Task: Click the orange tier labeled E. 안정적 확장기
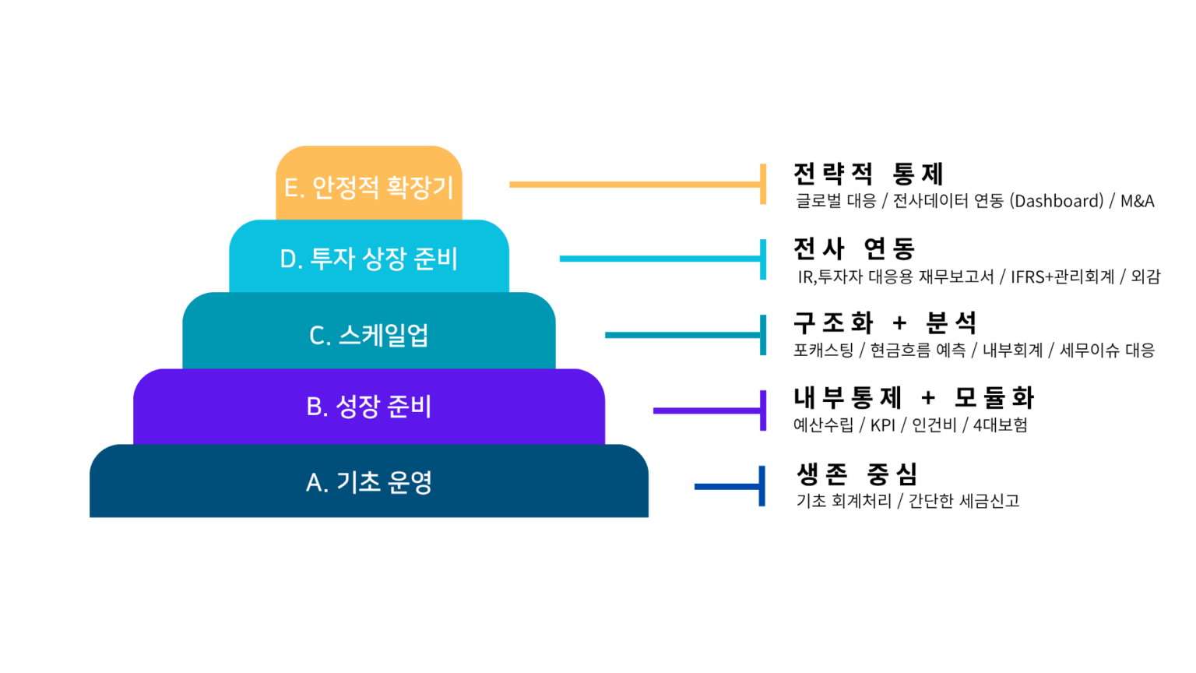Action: [x=369, y=183]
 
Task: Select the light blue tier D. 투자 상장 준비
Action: [x=369, y=256]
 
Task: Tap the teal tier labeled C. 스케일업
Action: [x=369, y=330]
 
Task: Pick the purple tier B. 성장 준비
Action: [x=369, y=407]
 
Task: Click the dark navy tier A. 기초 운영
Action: [x=369, y=481]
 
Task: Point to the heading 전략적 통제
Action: [x=869, y=174]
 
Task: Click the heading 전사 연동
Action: [x=854, y=248]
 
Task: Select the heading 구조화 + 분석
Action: [x=885, y=322]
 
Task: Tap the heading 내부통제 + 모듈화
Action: [x=913, y=397]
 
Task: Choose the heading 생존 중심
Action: [x=857, y=474]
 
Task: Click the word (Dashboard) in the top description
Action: [x=1057, y=201]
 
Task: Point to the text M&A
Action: [x=1138, y=201]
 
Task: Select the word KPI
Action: [x=882, y=425]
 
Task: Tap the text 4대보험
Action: [x=1000, y=425]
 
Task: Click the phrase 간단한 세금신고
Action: [x=964, y=501]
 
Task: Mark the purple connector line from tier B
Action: [x=709, y=410]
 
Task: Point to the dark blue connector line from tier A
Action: [x=730, y=487]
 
